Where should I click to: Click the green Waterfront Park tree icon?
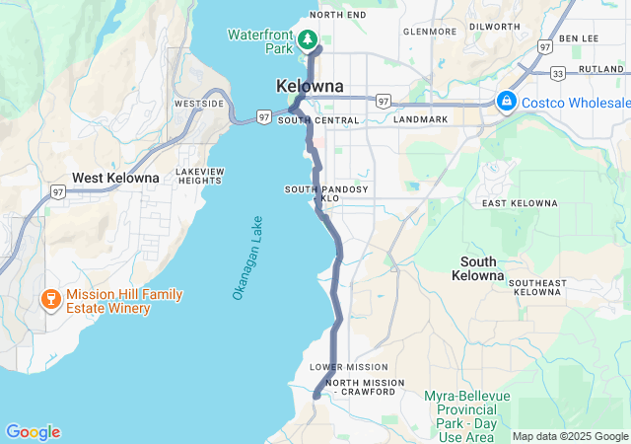pyautogui.click(x=308, y=40)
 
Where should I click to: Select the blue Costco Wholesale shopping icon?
pyautogui.click(x=507, y=102)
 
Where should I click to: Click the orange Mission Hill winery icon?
pyautogui.click(x=48, y=298)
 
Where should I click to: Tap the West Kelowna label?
pyautogui.click(x=115, y=178)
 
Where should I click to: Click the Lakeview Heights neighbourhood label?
pyautogui.click(x=200, y=176)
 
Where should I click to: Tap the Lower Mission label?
pyautogui.click(x=349, y=367)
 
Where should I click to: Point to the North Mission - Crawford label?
pyautogui.click(x=364, y=388)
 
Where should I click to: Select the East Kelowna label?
pyautogui.click(x=520, y=203)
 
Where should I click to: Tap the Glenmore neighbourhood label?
pyautogui.click(x=429, y=31)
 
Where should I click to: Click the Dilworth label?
pyautogui.click(x=494, y=27)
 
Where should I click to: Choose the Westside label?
pyautogui.click(x=198, y=104)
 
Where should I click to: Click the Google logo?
pyautogui.click(x=33, y=431)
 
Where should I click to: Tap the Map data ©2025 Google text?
pyautogui.click(x=569, y=436)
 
